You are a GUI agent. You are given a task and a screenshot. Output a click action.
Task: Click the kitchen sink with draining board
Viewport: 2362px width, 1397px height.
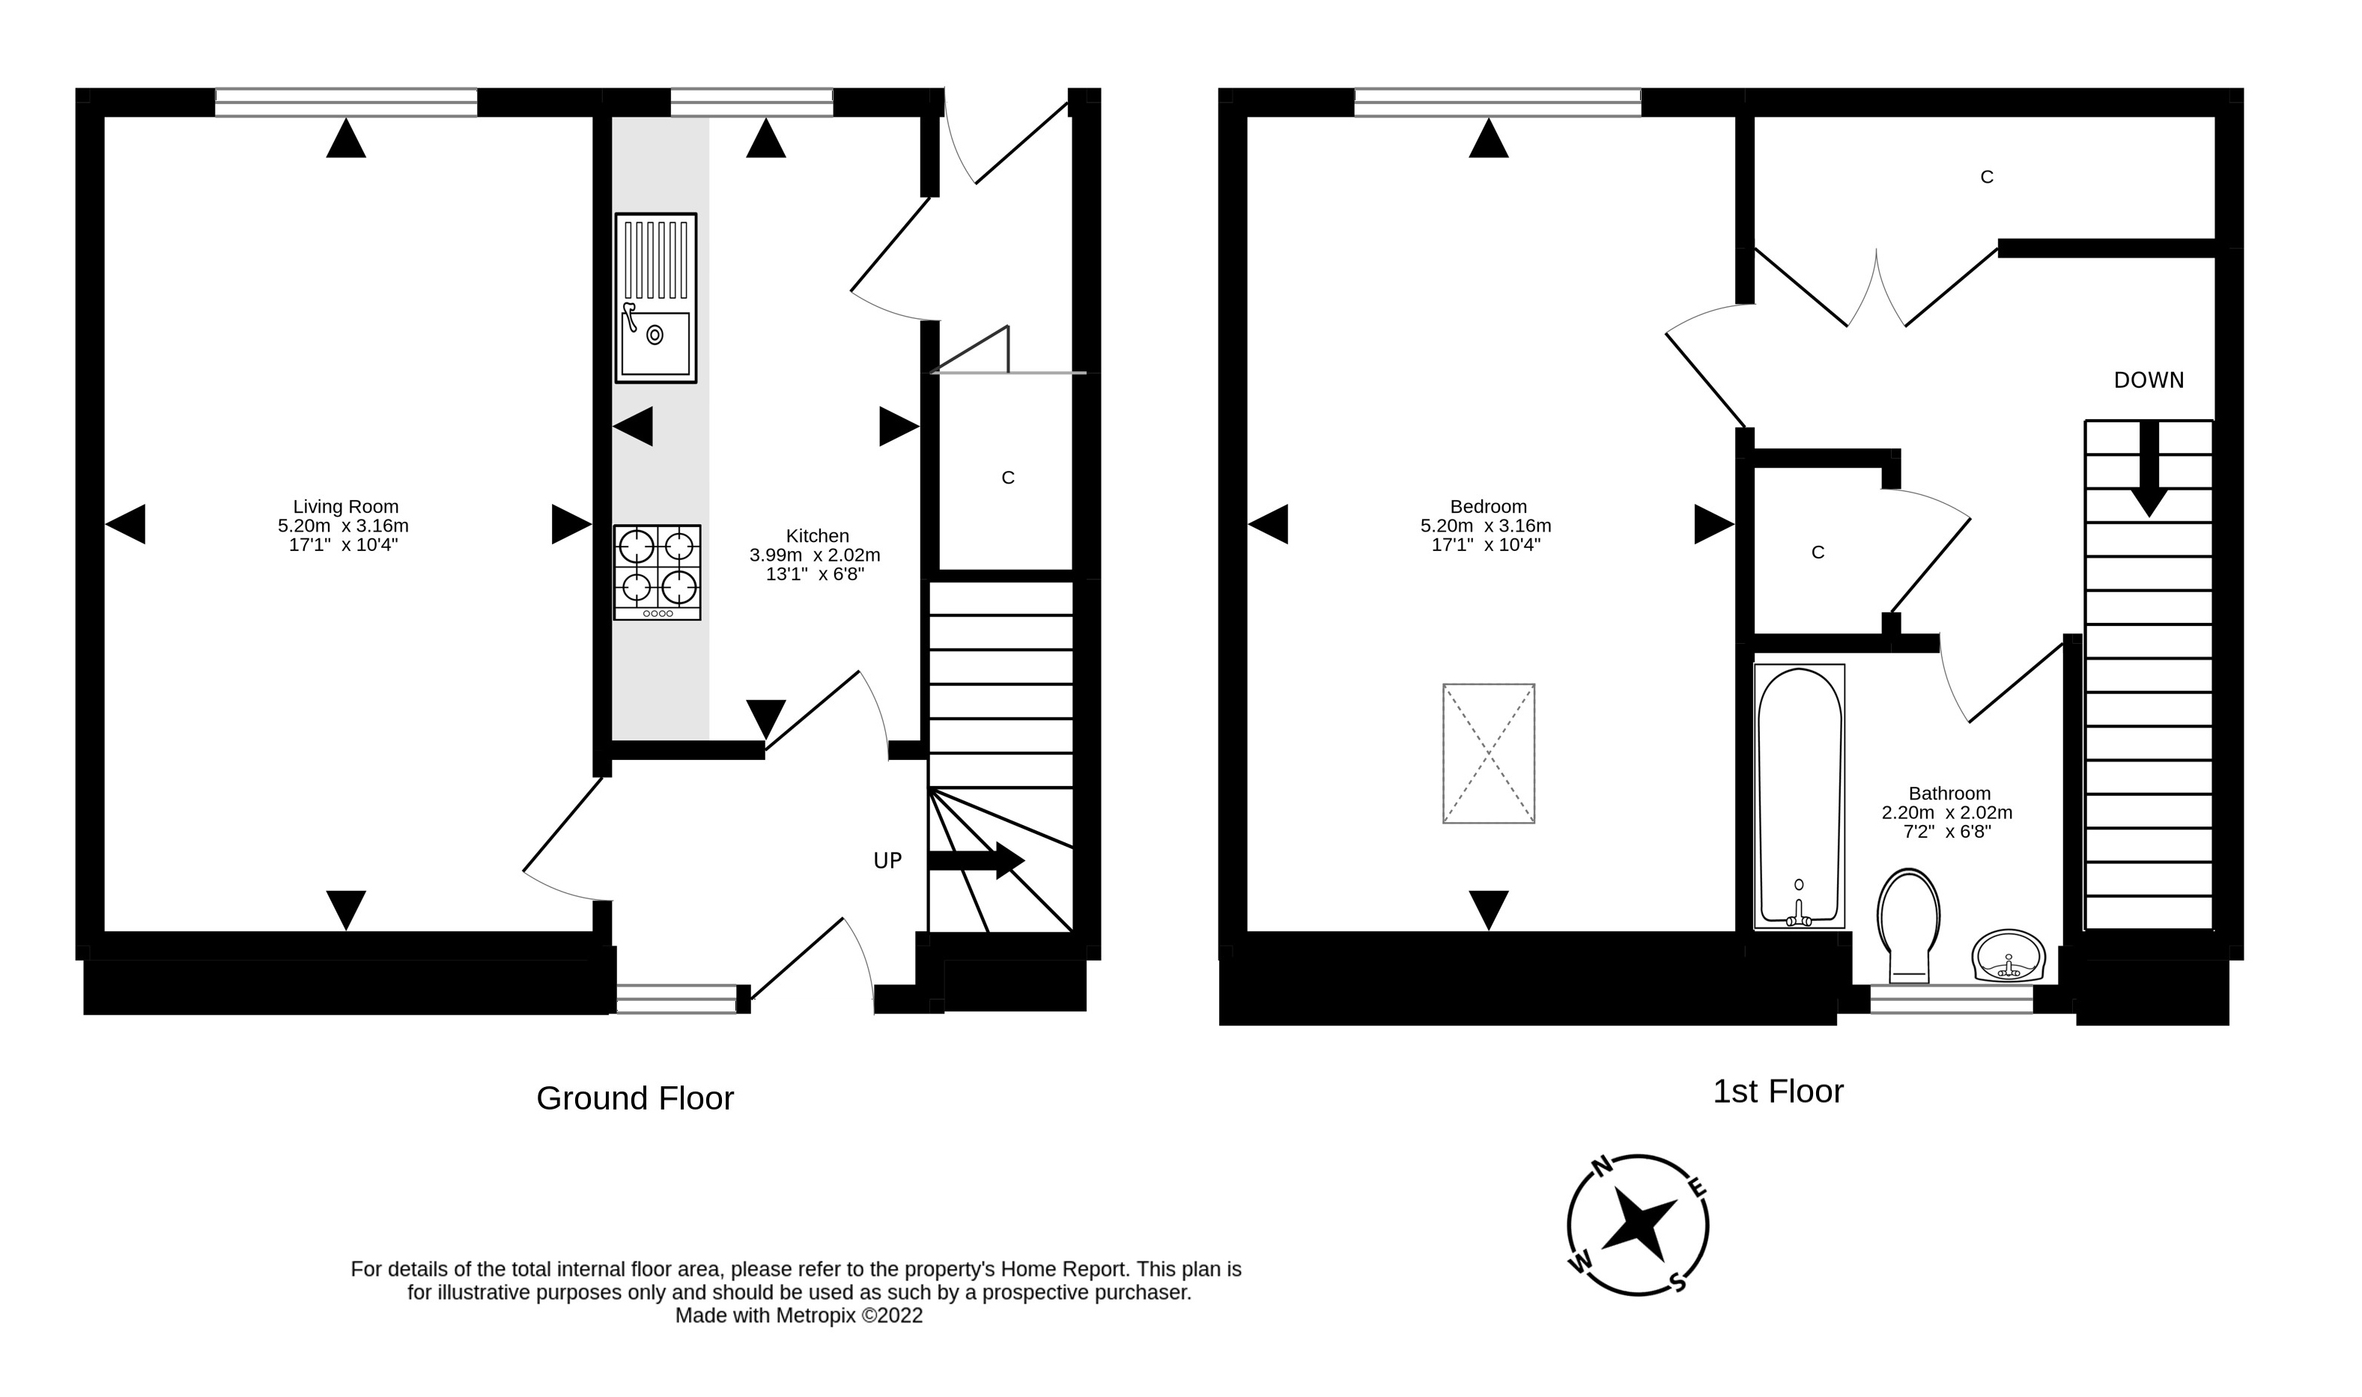[655, 297]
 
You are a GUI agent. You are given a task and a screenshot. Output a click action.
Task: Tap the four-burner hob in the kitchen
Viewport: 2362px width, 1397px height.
[656, 571]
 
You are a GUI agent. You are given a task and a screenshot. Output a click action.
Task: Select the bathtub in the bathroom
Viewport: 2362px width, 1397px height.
[1798, 796]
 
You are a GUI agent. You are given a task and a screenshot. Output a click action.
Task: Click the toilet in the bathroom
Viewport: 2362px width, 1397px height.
[1908, 922]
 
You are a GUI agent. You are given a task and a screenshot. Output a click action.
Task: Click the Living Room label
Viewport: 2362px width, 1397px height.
[345, 506]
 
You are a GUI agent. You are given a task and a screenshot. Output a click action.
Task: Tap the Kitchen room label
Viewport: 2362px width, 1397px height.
[817, 535]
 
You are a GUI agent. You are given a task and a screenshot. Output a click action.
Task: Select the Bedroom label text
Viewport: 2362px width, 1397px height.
[1487, 506]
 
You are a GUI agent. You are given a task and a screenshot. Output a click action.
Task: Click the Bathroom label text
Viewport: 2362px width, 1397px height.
[1949, 794]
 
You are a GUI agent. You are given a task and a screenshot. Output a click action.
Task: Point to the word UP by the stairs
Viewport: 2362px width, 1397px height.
[887, 860]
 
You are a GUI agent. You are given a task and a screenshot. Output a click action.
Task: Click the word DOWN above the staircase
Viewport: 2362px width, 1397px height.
[2149, 380]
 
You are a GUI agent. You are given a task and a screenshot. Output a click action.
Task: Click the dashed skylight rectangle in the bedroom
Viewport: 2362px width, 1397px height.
[1488, 753]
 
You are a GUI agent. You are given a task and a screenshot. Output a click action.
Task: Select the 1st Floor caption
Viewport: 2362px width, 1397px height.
[1777, 1091]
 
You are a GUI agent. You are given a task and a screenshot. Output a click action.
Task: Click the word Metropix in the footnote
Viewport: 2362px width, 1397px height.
[816, 1316]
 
